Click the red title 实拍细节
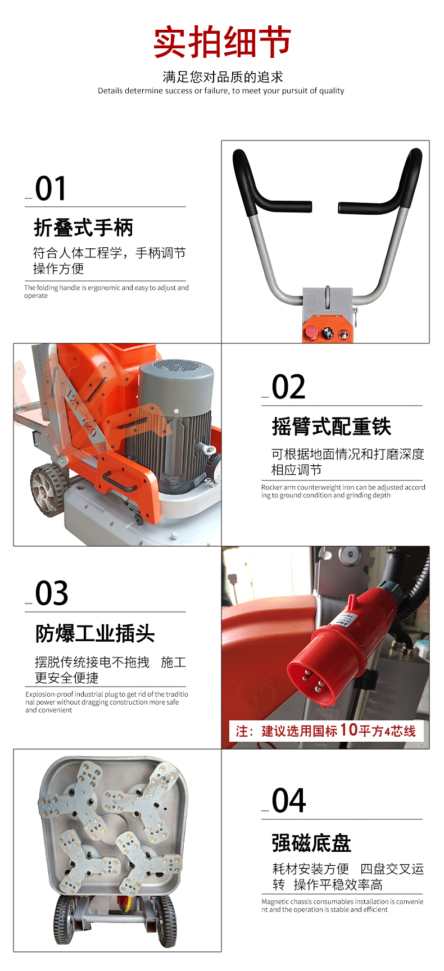tap(222, 42)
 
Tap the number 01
tap(51, 189)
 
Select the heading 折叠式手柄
tap(84, 228)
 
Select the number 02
tap(288, 388)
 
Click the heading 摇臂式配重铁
tap(332, 427)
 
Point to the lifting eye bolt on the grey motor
tap(207, 450)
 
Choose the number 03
tap(52, 594)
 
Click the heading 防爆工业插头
tap(95, 633)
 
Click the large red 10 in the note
tap(348, 729)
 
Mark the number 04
tap(289, 801)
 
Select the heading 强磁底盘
tap(311, 843)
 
